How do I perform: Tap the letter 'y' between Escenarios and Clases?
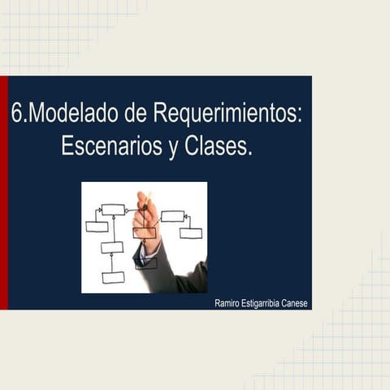click(171, 149)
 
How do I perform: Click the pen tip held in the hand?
click(148, 194)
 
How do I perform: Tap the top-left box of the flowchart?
click(113, 209)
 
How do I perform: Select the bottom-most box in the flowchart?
click(113, 277)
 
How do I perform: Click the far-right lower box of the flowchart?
click(191, 233)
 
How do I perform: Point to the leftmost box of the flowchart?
click(97, 226)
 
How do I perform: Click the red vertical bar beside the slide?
click(3, 193)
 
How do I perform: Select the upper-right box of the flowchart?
click(172, 216)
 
